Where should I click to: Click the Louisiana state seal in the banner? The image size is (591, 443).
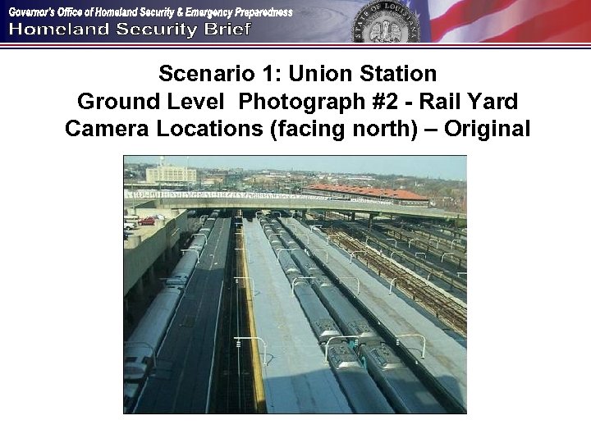click(386, 22)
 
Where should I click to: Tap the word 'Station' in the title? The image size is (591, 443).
click(396, 75)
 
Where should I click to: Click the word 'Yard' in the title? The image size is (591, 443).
click(492, 103)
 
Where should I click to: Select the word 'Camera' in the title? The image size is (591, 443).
click(102, 130)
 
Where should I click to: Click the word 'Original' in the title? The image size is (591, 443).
click(487, 130)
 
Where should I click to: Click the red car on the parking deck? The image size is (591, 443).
click(147, 220)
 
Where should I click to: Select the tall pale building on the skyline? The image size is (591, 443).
click(171, 173)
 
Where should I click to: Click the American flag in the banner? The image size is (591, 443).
click(509, 21)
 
